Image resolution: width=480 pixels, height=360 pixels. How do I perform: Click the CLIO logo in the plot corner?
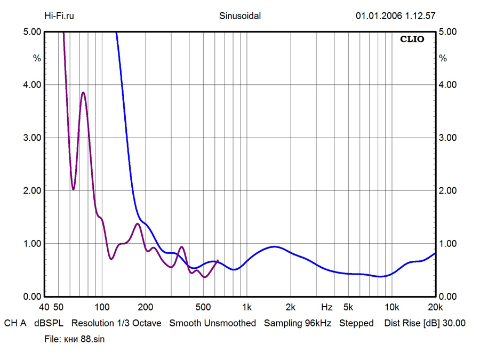[412, 39]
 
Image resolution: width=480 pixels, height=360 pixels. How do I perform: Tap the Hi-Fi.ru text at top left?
[59, 15]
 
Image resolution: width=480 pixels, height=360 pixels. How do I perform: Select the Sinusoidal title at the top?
[240, 15]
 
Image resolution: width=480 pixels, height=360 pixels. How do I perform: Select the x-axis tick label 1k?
[246, 307]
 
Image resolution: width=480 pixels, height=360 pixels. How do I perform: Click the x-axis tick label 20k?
[436, 307]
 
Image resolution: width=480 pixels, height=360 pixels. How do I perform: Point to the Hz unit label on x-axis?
[326, 307]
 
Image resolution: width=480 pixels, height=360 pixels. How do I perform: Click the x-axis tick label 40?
[44, 307]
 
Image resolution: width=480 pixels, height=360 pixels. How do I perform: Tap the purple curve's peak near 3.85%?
[83, 93]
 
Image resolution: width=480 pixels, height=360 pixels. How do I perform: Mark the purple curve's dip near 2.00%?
[74, 189]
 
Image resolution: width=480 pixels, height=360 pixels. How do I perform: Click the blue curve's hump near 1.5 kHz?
[274, 246]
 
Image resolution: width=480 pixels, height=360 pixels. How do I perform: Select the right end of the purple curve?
[218, 260]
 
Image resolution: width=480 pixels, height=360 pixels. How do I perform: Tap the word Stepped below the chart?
[356, 323]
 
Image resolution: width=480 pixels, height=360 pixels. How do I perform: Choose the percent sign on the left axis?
[37, 58]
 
